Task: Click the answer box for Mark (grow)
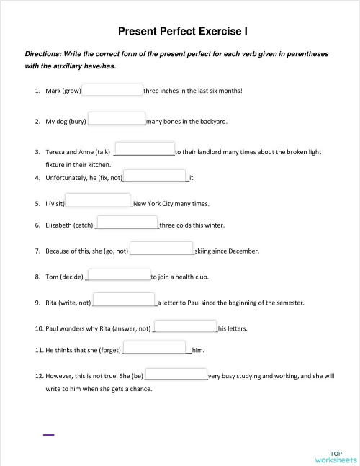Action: click(x=112, y=89)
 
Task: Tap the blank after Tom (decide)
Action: click(x=118, y=274)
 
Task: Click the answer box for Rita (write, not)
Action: click(x=125, y=300)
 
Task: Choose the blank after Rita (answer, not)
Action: click(x=186, y=326)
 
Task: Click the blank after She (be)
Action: click(x=176, y=374)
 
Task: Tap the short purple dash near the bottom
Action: click(x=49, y=435)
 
